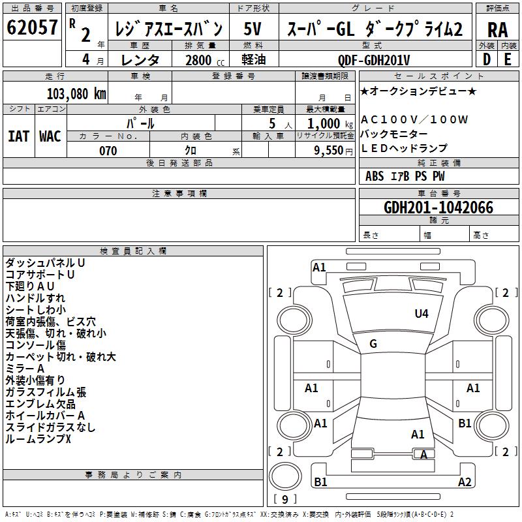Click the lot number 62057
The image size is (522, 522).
point(32,27)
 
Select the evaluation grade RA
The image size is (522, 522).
point(497,30)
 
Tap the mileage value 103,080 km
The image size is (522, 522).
point(76,94)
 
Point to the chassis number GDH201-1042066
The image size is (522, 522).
point(438,207)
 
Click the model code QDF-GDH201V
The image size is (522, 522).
point(373,60)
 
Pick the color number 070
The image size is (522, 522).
point(108,151)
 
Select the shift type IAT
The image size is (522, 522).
point(19,136)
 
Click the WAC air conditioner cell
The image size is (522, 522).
point(50,136)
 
